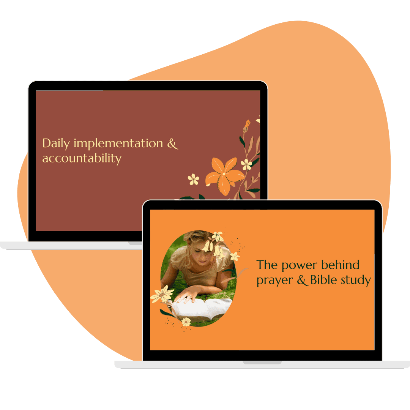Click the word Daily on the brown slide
(x=56, y=143)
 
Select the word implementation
(x=118, y=143)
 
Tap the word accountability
(x=82, y=158)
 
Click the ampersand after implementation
(x=173, y=143)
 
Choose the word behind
(x=340, y=265)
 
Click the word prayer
(x=274, y=281)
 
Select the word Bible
(x=323, y=279)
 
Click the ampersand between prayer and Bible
(x=302, y=280)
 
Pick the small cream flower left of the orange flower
(x=194, y=179)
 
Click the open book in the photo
(x=202, y=308)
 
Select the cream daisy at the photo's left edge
(x=162, y=294)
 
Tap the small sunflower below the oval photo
(x=186, y=322)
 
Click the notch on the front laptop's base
(x=262, y=363)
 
